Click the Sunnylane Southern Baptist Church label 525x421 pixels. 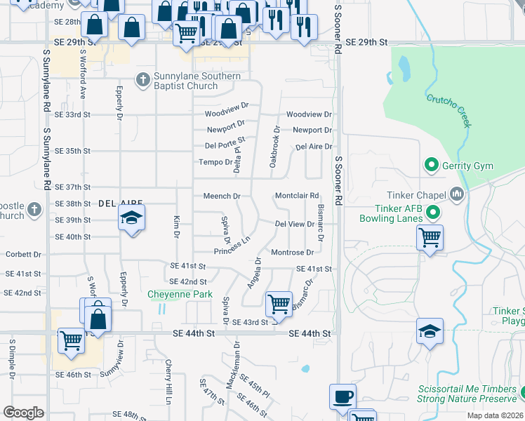point(197,81)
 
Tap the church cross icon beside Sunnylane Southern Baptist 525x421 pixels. point(144,79)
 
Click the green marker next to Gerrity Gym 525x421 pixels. point(430,166)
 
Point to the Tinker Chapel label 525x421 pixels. point(416,195)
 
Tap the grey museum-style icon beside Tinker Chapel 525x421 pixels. point(458,193)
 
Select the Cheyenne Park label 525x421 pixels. point(180,295)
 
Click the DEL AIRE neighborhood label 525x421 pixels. point(116,203)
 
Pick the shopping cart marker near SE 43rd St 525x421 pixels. point(279,304)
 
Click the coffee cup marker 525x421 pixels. point(343,396)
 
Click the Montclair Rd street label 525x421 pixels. point(297,196)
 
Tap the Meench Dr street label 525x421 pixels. point(222,196)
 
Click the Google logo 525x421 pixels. point(23,413)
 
